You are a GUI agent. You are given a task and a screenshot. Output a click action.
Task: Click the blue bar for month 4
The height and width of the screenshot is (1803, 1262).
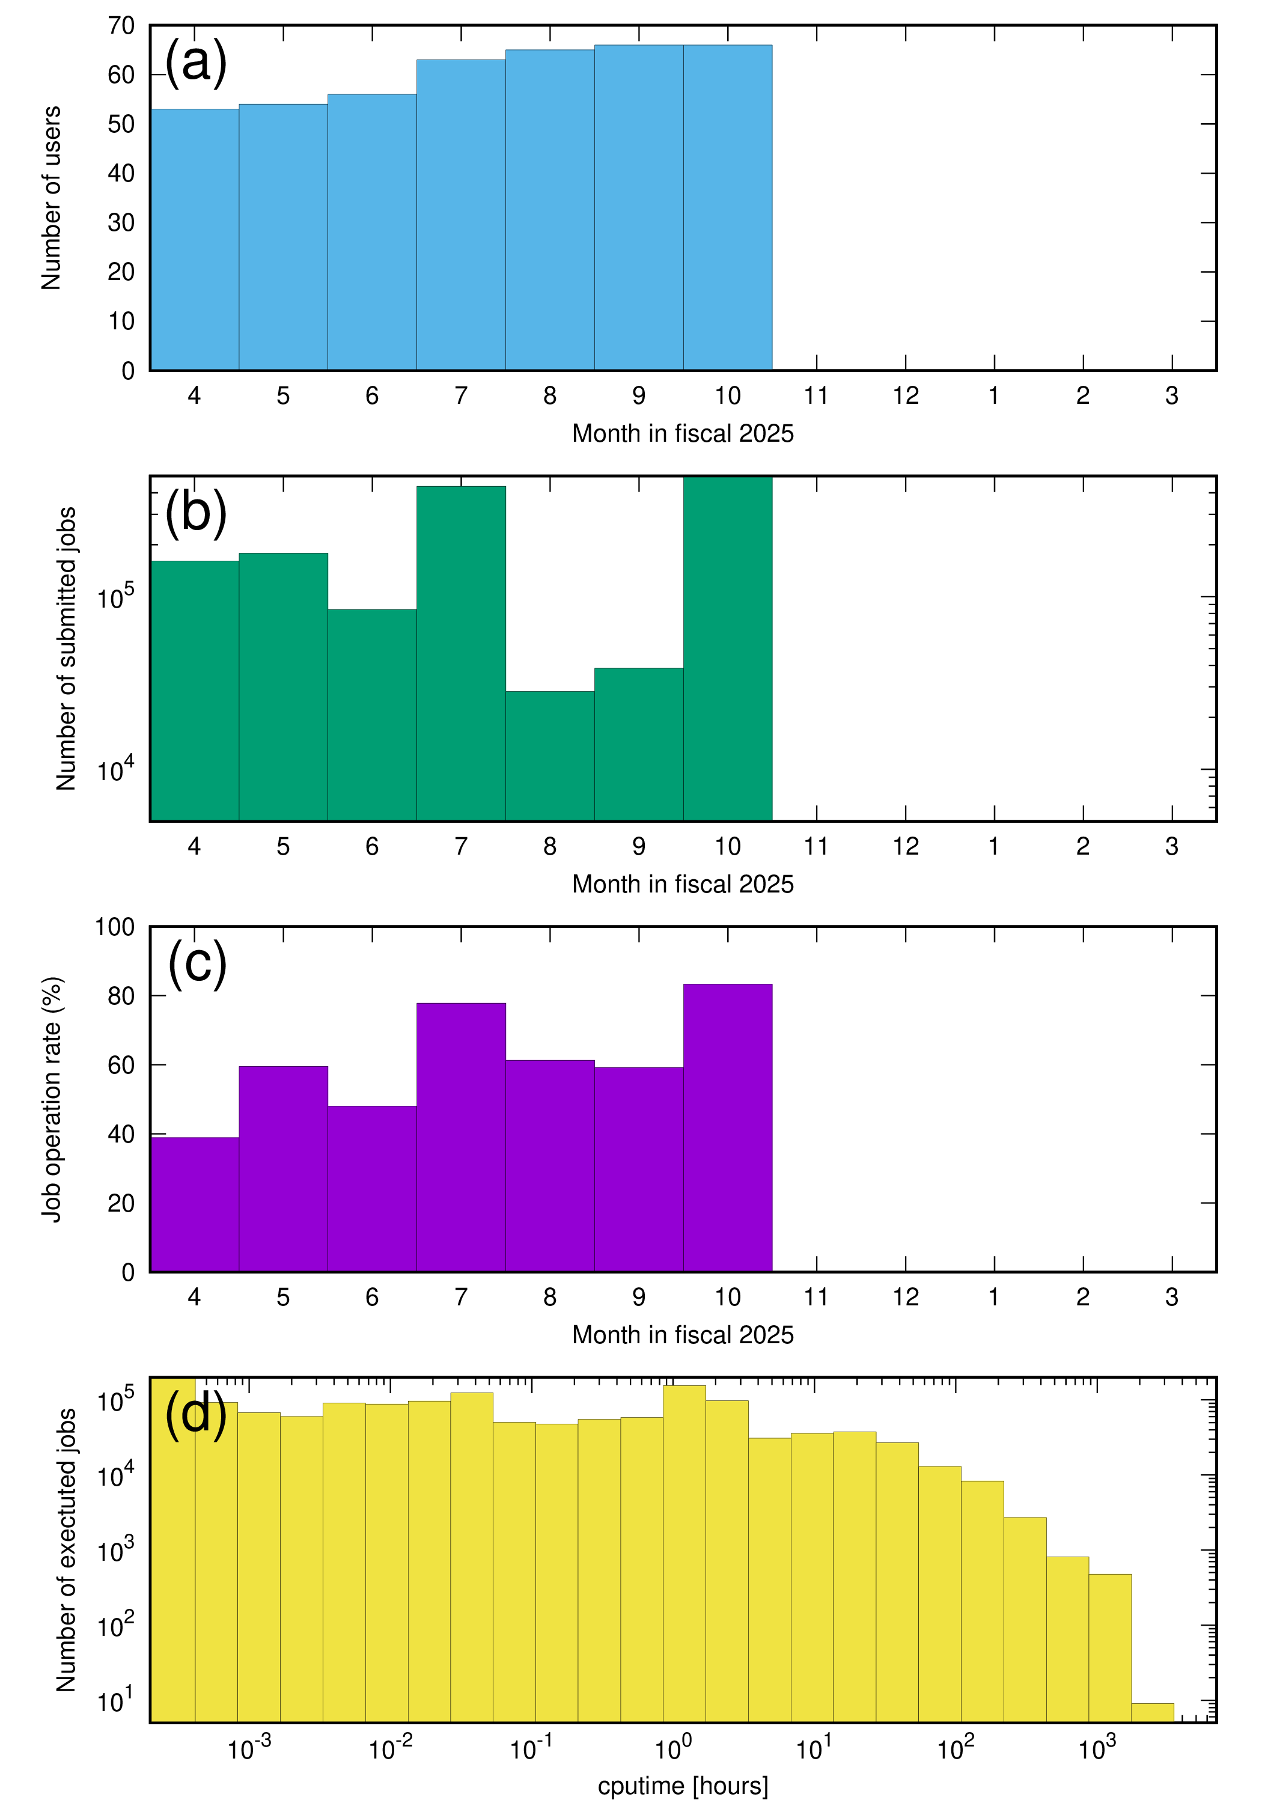pos(194,240)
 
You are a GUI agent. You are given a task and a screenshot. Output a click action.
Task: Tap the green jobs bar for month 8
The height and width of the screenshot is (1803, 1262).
pos(550,755)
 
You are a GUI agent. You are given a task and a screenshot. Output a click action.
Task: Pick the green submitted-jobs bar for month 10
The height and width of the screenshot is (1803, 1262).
pos(728,648)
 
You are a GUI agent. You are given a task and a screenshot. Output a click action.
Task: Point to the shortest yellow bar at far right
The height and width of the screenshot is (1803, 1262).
pos(1152,1712)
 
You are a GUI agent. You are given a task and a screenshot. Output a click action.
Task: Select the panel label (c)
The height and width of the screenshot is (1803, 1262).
pos(197,962)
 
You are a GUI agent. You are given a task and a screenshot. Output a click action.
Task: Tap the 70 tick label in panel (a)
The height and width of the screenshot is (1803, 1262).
pos(122,26)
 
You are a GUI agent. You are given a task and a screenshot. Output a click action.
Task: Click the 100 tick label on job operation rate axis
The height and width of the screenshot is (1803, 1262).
pos(115,927)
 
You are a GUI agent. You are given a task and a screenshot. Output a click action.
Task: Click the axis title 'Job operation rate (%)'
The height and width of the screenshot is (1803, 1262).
pos(52,1099)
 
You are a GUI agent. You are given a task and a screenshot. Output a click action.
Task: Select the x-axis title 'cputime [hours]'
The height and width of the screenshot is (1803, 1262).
pos(683,1785)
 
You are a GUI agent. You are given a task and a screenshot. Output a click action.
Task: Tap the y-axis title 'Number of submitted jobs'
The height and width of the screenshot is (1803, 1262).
pos(66,648)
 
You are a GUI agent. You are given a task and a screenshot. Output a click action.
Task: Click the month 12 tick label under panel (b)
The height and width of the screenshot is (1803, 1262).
pos(906,847)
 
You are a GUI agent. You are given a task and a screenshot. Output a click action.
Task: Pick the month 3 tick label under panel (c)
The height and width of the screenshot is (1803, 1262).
pos(1172,1296)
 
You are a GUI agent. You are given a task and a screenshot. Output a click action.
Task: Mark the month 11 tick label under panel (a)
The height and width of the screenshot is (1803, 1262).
pos(817,396)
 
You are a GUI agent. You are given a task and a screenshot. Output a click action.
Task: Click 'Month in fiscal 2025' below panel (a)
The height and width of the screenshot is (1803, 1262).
pos(683,433)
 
